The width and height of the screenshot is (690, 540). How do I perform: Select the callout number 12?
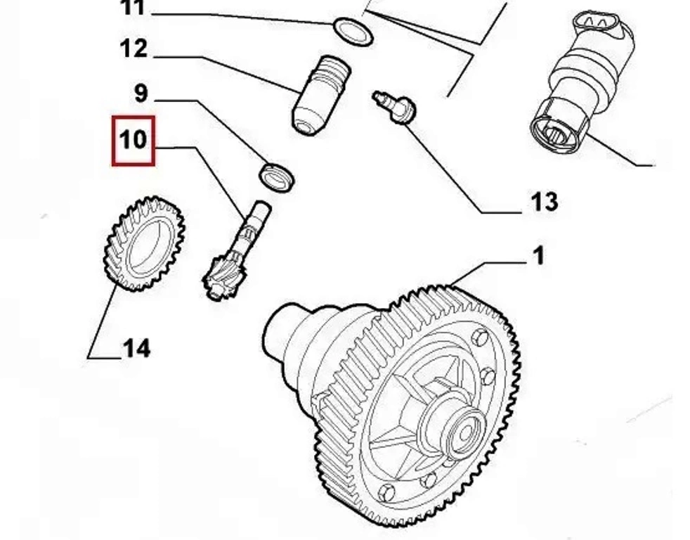134,49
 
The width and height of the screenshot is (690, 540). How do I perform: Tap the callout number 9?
141,93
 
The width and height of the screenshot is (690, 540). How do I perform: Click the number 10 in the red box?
134,139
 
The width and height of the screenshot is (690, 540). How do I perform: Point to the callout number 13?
542,202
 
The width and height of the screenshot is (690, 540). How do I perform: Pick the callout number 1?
538,255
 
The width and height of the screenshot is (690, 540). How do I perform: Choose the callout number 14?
136,347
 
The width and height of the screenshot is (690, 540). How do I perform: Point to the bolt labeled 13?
396,107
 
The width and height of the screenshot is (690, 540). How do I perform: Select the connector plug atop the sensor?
601,27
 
